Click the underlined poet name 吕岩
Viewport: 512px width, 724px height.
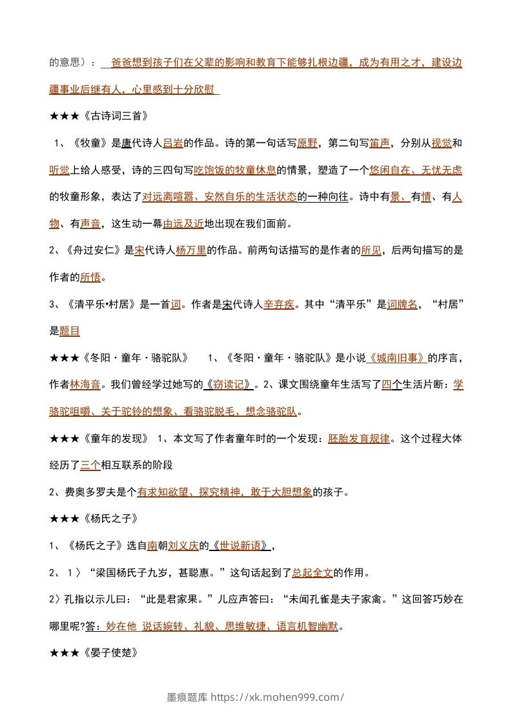(173, 143)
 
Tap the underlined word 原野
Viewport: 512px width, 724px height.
(307, 143)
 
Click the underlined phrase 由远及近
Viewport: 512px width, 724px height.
(183, 224)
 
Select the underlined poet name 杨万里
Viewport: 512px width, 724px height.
(190, 251)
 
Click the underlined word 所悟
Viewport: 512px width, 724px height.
(90, 277)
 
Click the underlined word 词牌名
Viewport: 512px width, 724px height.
(402, 305)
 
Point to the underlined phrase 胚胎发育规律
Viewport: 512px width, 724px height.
(358, 438)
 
